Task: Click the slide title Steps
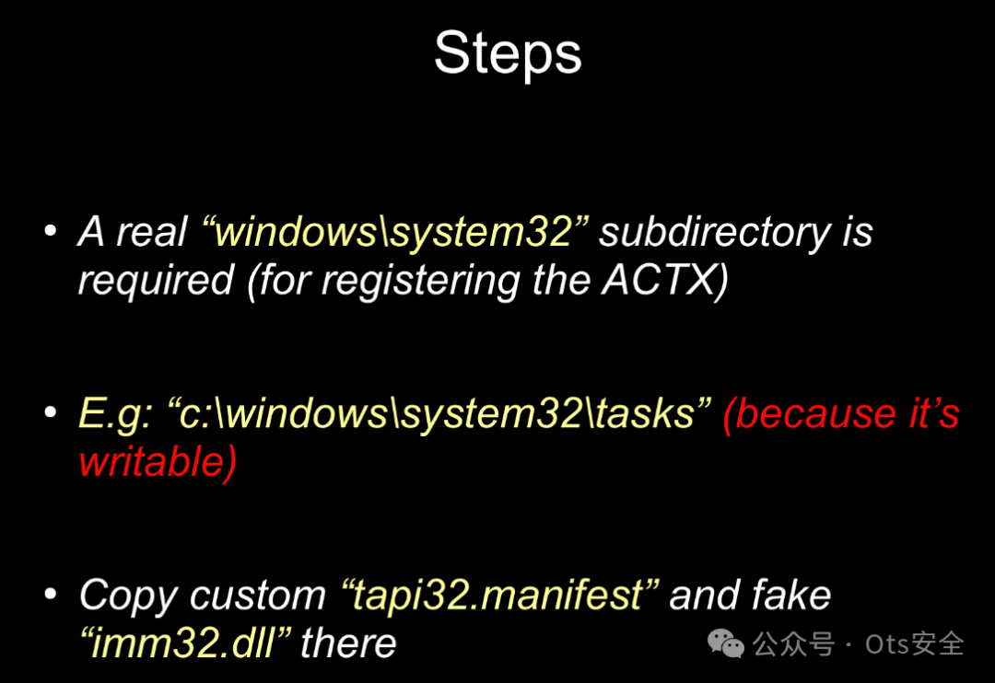pyautogui.click(x=508, y=53)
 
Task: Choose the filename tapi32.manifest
pyautogui.click(x=498, y=596)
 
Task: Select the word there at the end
pyautogui.click(x=347, y=642)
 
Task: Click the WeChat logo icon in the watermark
pyautogui.click(x=727, y=643)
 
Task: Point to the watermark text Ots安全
pyautogui.click(x=914, y=643)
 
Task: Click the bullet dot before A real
pyautogui.click(x=51, y=231)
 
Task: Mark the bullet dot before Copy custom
pyautogui.click(x=51, y=596)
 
